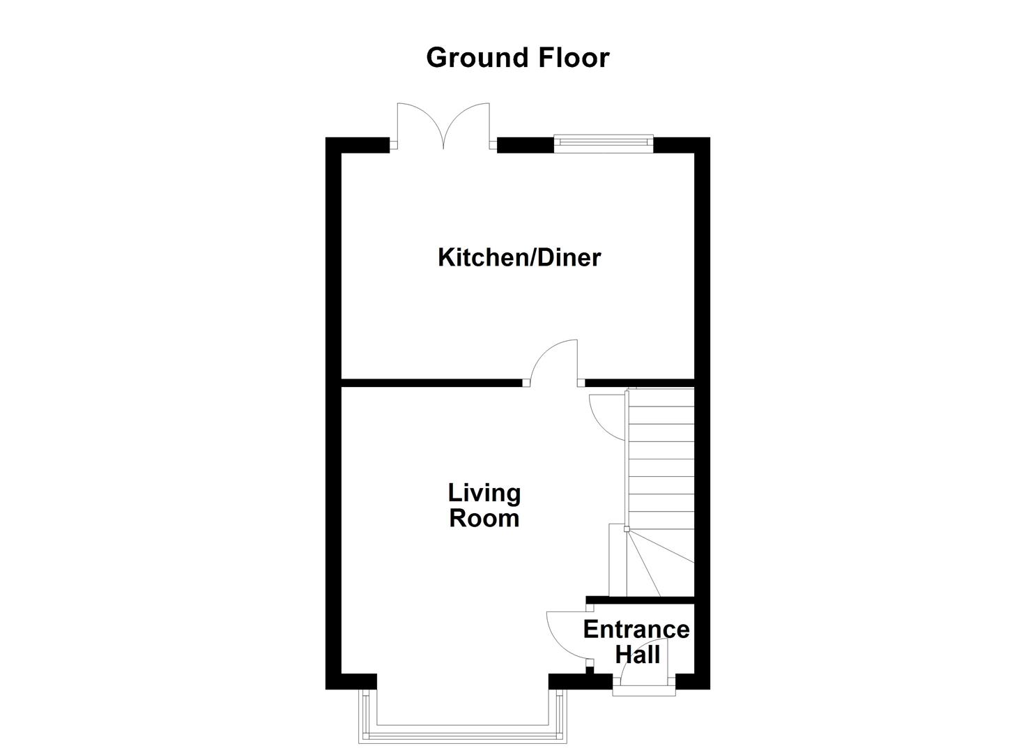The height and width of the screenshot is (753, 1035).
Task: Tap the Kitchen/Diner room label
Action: coord(519,257)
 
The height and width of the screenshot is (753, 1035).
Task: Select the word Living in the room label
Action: coord(484,493)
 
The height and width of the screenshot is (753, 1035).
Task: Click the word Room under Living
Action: coord(484,519)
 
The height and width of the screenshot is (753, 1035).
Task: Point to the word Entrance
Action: coord(636,630)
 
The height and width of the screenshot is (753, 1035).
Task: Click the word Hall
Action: coord(637,655)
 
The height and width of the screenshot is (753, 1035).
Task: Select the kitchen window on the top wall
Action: coord(604,144)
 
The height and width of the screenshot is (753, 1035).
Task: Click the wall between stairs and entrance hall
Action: coord(641,600)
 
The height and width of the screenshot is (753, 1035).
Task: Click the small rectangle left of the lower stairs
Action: coord(618,560)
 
